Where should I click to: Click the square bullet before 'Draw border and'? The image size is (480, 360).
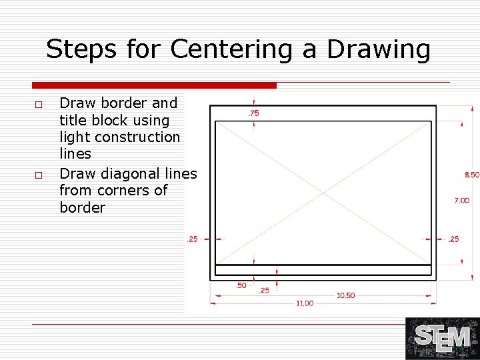coord(39,105)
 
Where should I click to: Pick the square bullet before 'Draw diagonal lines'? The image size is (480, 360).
coord(39,175)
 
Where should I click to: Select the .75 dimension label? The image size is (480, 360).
coord(253,113)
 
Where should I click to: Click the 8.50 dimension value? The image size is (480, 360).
coord(471,175)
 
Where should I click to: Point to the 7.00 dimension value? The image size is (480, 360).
coord(461,200)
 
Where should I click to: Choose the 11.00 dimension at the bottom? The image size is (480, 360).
coord(305,303)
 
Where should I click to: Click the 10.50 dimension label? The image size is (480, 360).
coord(345,295)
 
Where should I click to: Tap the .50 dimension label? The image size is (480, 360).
coord(241,285)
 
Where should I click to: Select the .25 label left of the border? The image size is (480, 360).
coord(192,239)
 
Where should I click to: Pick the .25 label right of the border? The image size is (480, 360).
coord(453,239)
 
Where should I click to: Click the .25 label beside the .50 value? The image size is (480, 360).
coord(264,291)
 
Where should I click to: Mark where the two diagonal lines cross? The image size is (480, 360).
coord(323,192)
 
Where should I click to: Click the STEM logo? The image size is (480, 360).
coord(442,338)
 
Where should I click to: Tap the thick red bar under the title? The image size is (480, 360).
coord(154,85)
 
